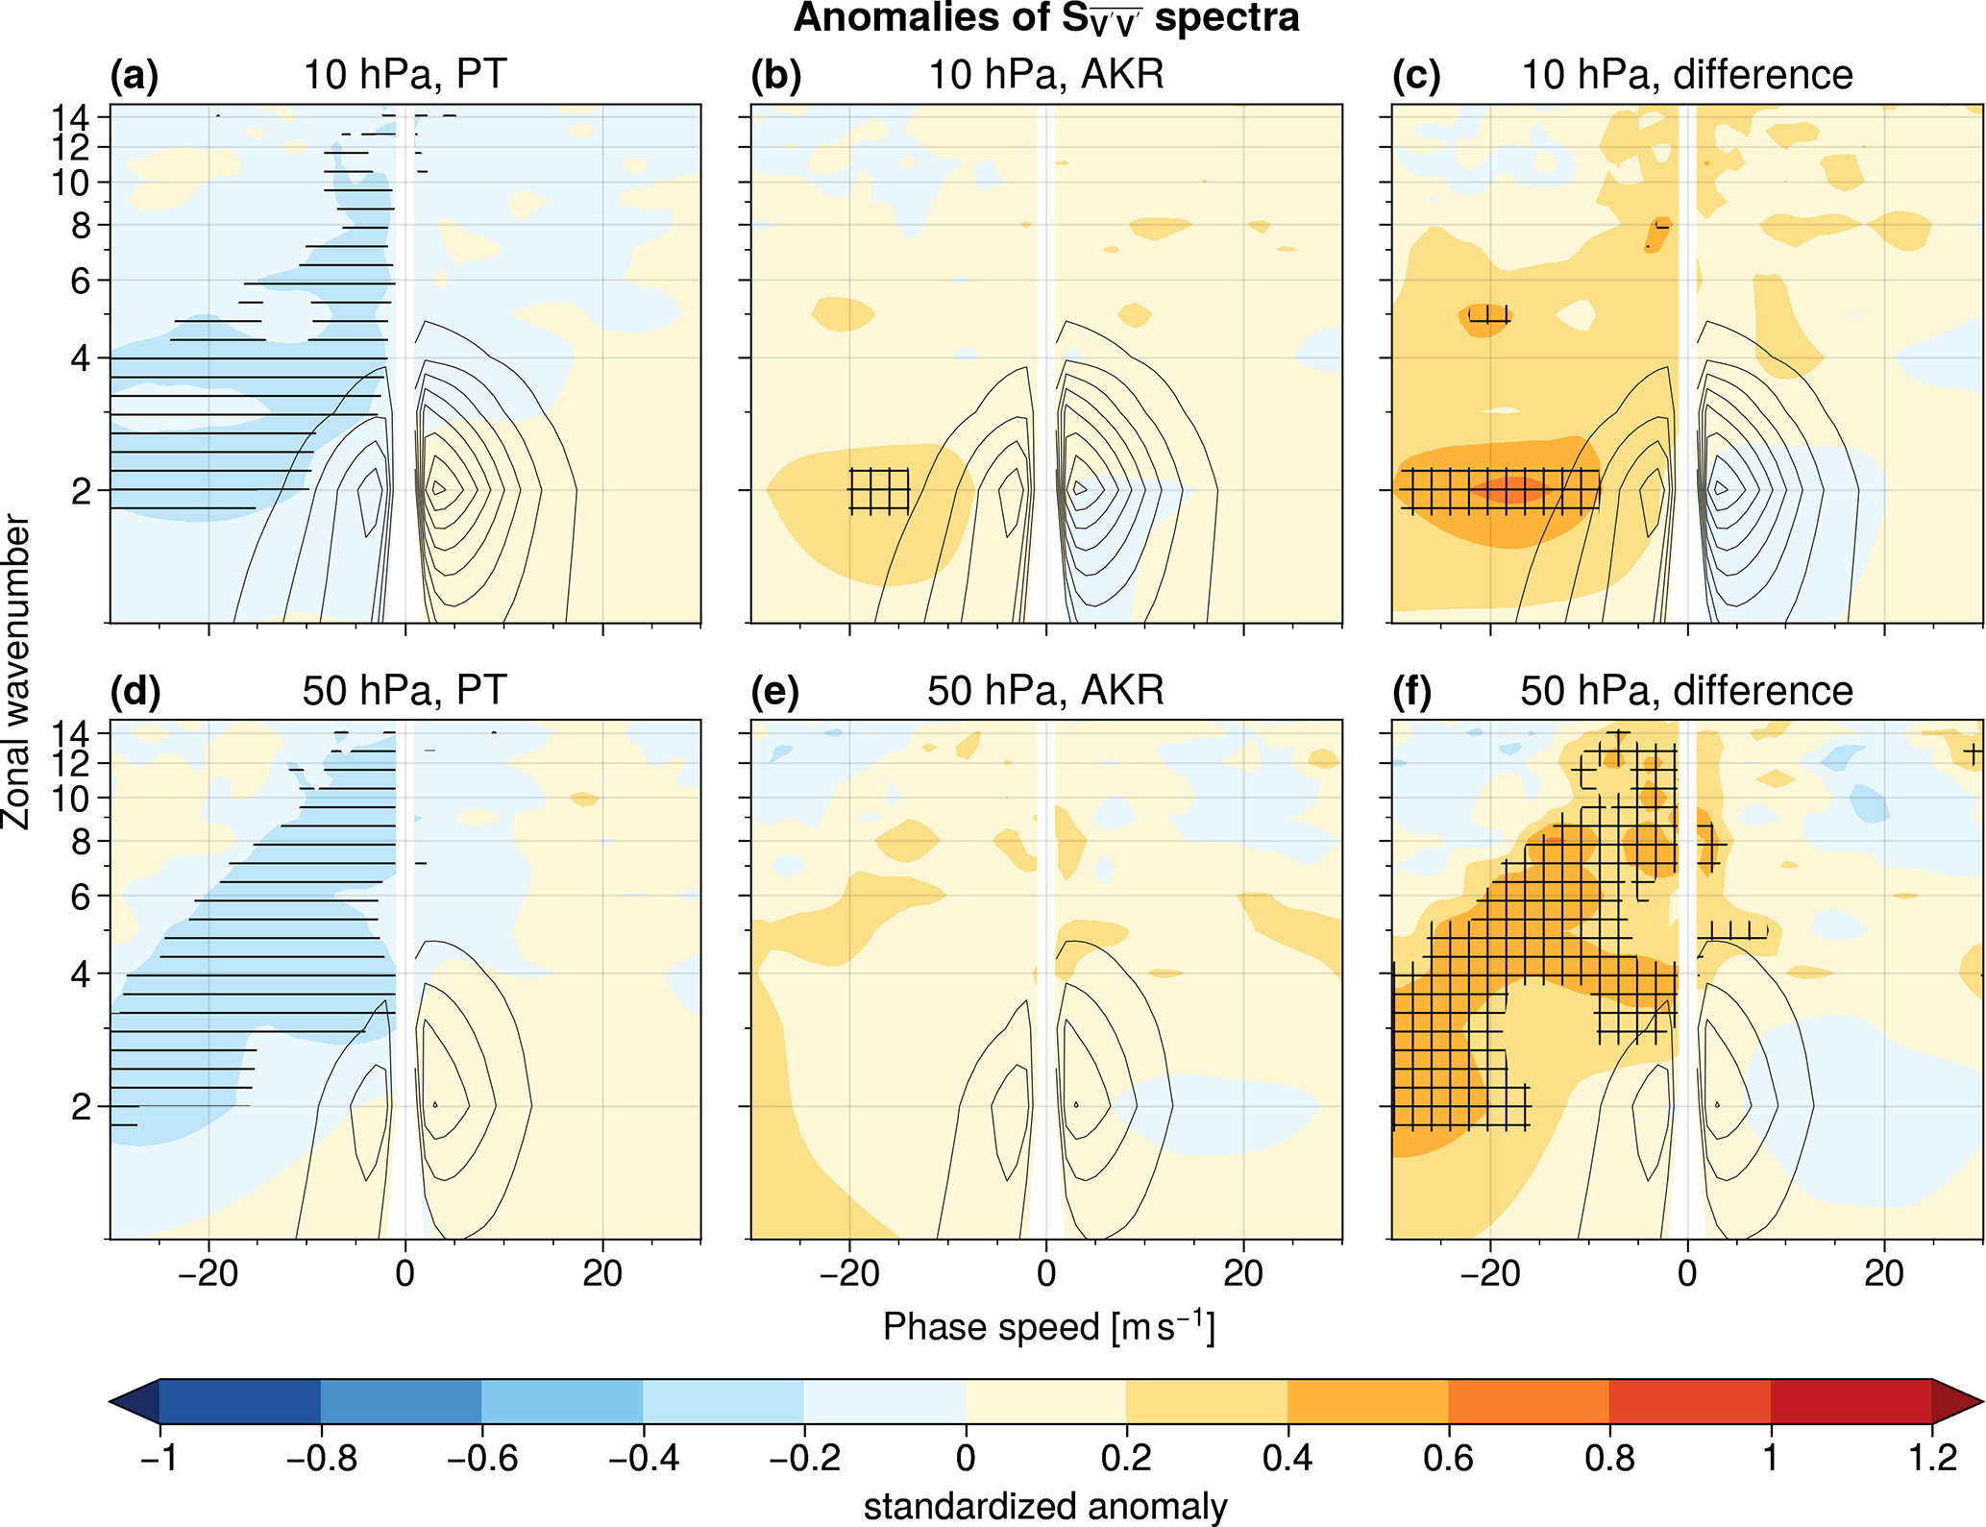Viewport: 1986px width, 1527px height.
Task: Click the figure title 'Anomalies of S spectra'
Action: tap(1045, 19)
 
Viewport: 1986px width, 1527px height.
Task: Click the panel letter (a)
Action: tap(135, 75)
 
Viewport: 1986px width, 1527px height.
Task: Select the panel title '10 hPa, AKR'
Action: tap(1045, 75)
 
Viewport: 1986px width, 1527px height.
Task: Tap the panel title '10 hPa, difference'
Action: tap(1686, 75)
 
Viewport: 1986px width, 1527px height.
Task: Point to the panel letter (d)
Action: tap(135, 691)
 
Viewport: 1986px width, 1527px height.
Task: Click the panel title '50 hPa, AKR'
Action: tap(1045, 691)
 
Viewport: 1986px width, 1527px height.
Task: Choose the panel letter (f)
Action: tap(1411, 691)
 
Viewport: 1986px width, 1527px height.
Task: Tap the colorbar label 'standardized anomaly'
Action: tap(1045, 1506)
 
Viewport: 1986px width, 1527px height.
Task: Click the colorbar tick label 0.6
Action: tap(1448, 1458)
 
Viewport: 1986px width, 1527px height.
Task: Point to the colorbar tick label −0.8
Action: tap(322, 1458)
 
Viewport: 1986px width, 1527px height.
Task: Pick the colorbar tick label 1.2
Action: tap(1932, 1458)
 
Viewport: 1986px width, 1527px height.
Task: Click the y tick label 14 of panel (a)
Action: tap(71, 118)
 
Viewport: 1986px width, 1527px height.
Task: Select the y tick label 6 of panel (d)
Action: tap(81, 897)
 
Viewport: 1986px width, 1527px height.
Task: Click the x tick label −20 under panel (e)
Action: tap(848, 1273)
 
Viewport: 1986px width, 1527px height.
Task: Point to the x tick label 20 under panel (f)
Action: tap(1884, 1273)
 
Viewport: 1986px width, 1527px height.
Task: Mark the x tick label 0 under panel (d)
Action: tap(405, 1273)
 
